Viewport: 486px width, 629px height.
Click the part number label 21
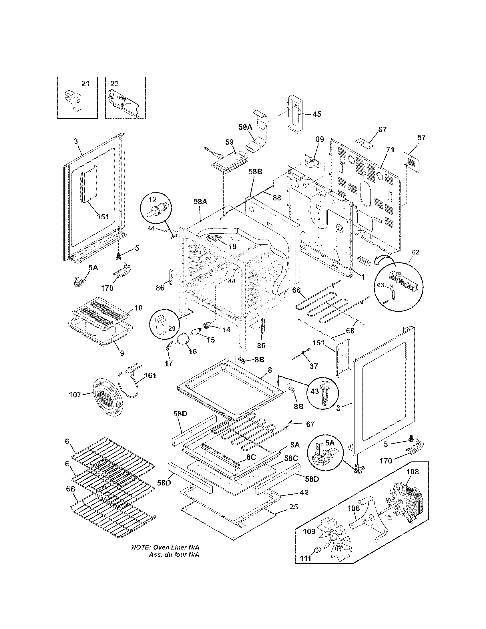tap(85, 83)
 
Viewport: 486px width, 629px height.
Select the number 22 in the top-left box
tap(115, 83)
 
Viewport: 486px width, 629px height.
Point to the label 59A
tap(245, 127)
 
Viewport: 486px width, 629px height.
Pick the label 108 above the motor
tap(413, 472)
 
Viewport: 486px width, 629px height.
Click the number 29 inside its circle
tap(172, 328)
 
